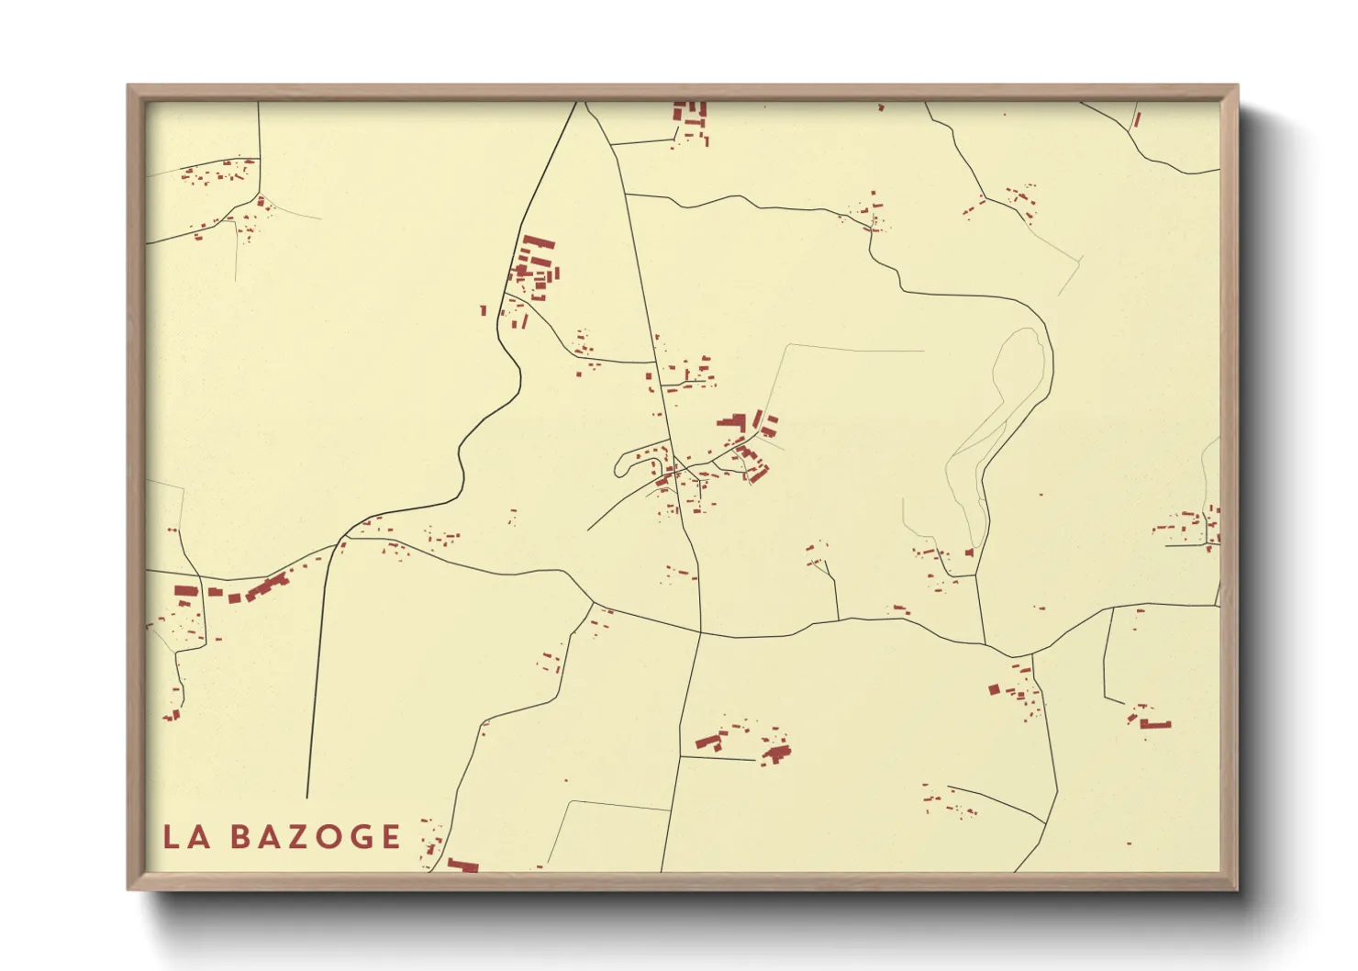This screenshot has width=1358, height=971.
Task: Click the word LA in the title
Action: tap(186, 837)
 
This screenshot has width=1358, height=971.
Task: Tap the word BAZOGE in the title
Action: tap(315, 837)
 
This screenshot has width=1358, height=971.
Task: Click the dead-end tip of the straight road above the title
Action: tap(306, 797)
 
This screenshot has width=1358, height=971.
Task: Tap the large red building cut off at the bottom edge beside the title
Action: tap(462, 865)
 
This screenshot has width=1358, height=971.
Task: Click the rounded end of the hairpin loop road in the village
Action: tap(620, 465)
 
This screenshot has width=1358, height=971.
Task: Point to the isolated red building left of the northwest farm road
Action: tap(484, 310)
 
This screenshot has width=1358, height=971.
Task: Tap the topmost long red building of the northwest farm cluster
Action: tap(539, 242)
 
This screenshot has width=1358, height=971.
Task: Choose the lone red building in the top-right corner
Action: tap(1136, 119)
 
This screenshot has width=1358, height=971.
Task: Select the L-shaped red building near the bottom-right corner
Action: tap(1154, 724)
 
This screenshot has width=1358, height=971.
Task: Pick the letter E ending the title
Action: tap(392, 837)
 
